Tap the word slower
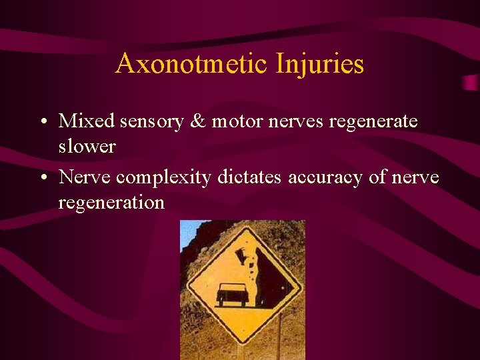tap(87, 146)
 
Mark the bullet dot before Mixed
tap(43, 122)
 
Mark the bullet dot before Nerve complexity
tap(43, 178)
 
